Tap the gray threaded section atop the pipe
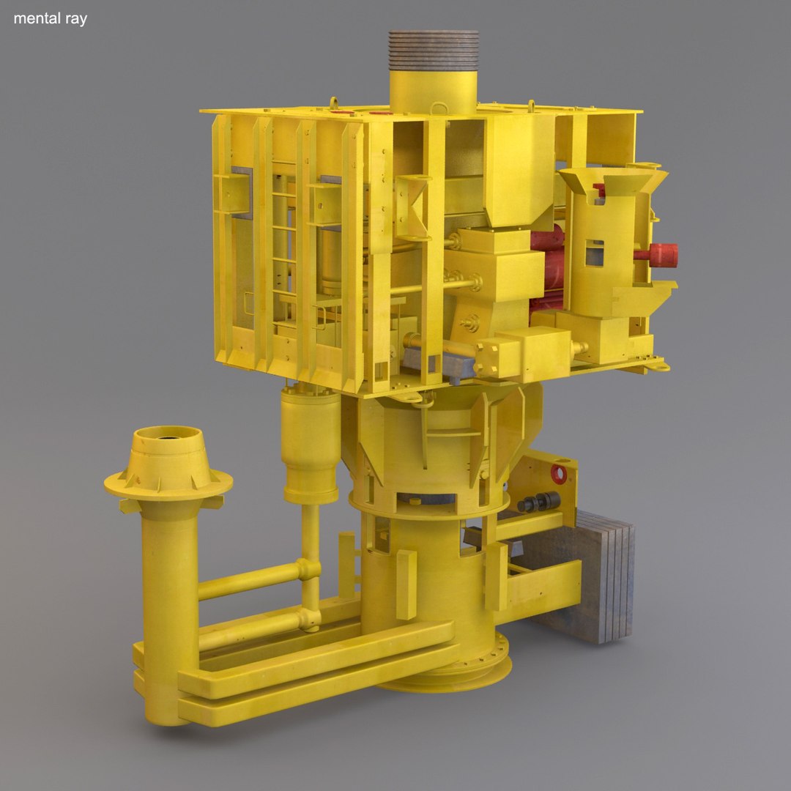(x=434, y=50)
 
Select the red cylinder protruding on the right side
(x=659, y=255)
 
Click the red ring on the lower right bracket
(x=559, y=474)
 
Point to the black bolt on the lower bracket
(x=538, y=502)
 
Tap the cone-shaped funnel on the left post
(x=168, y=461)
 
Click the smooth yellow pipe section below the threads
(x=434, y=92)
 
